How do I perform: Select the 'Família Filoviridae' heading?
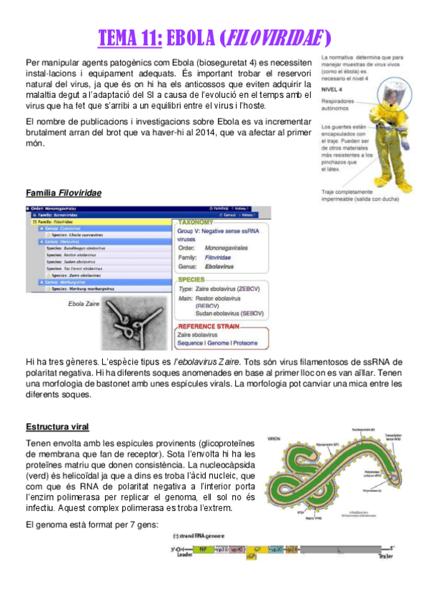tap(63, 194)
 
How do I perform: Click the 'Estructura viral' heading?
tap(57, 427)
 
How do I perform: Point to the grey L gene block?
tap(343, 550)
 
